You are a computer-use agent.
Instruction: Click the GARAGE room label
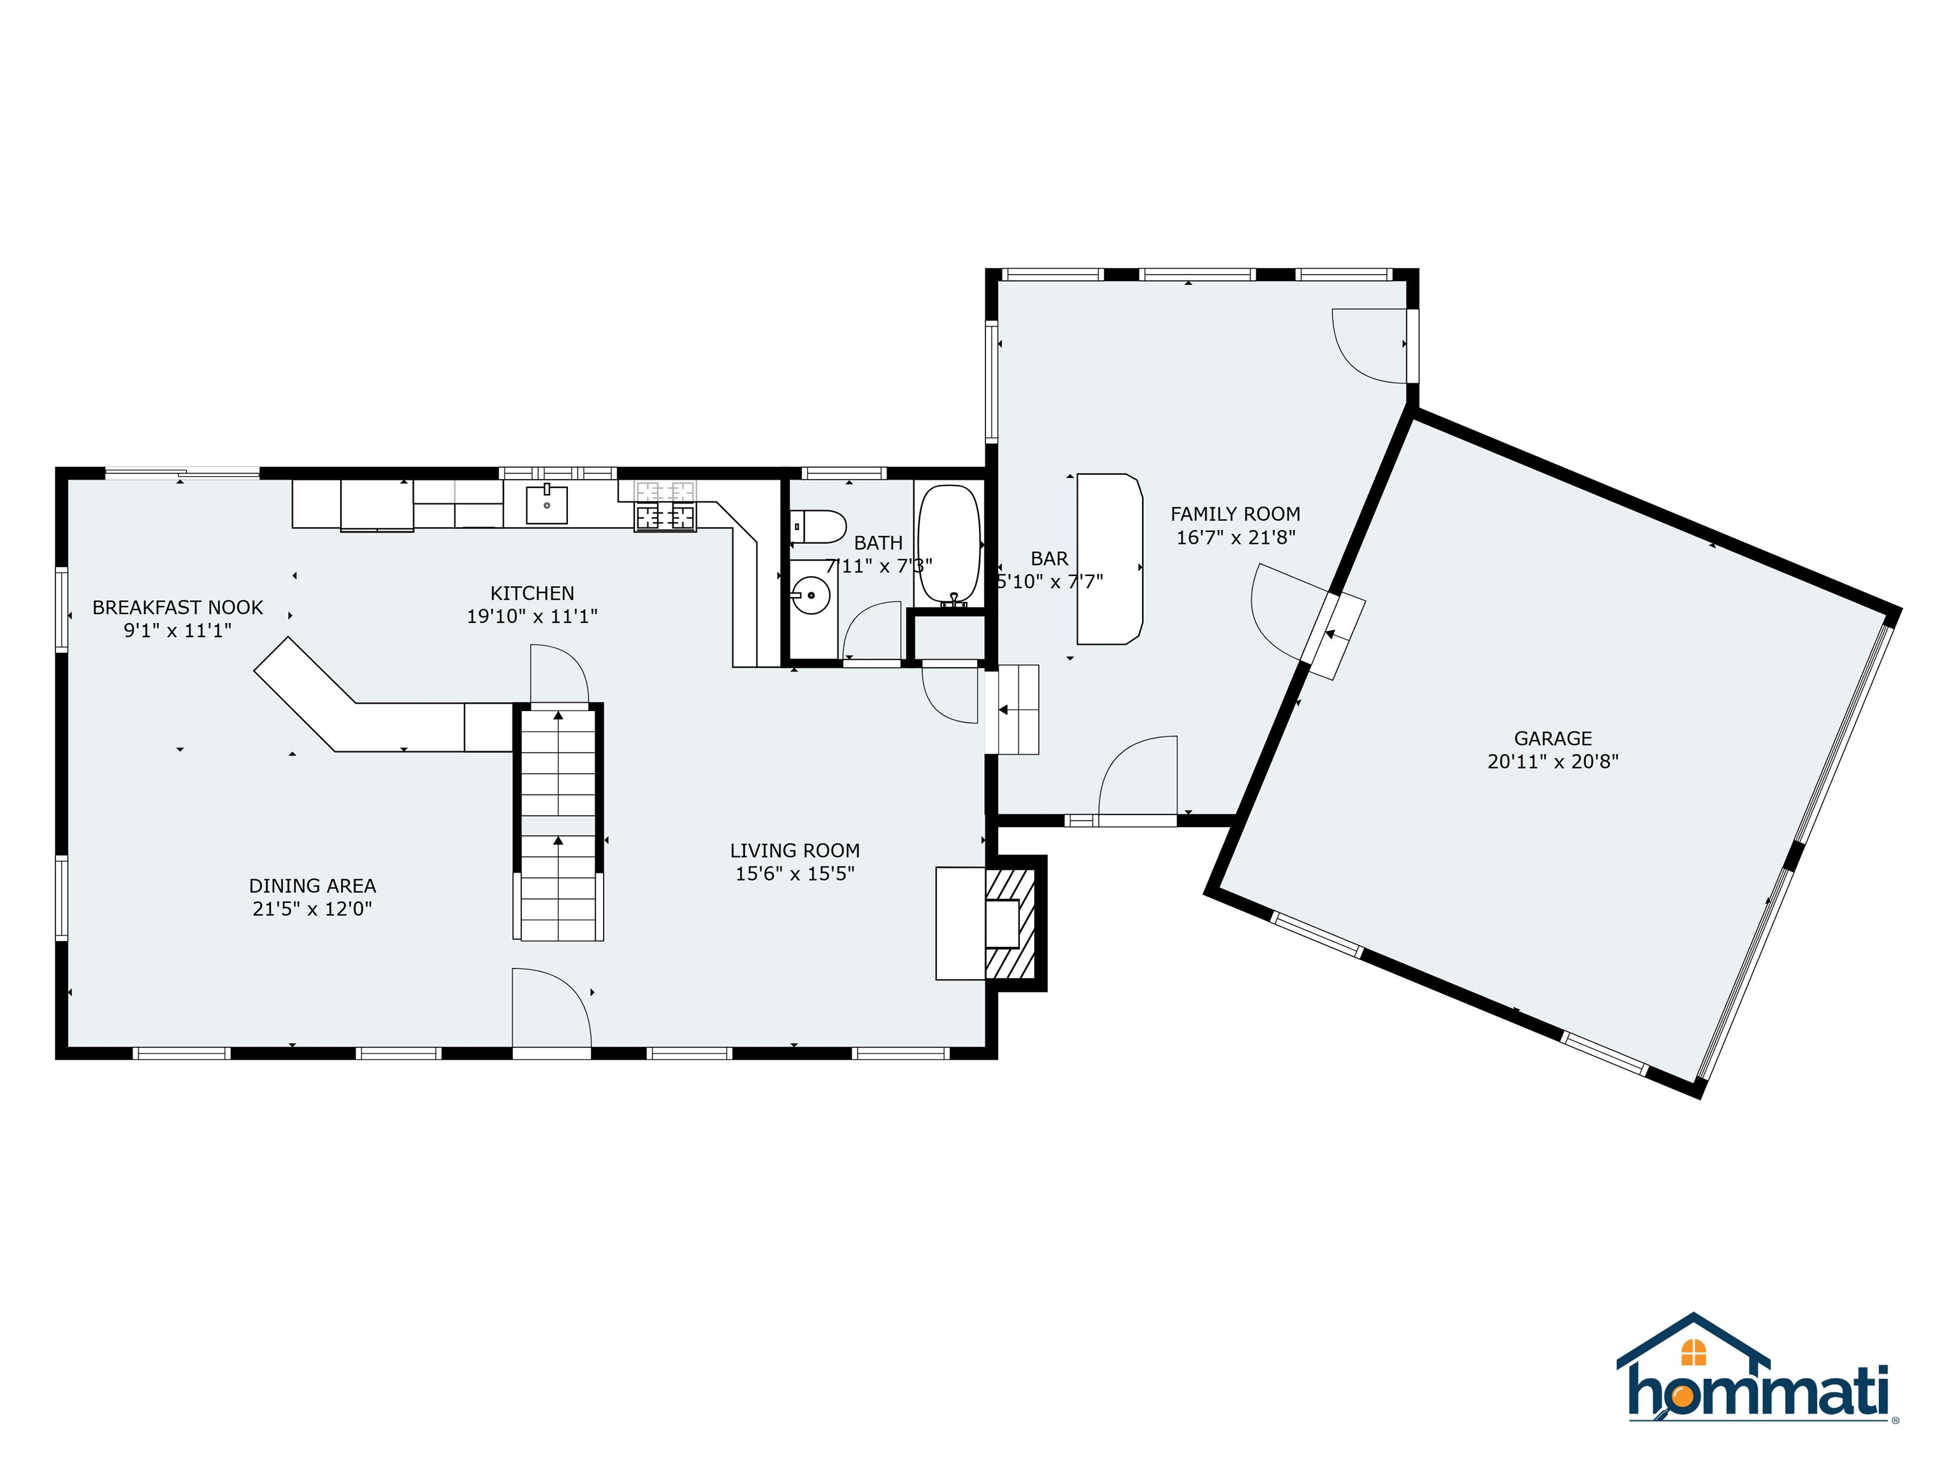(1553, 738)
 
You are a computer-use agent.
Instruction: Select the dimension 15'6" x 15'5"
(794, 874)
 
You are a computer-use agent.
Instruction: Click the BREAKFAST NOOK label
(177, 607)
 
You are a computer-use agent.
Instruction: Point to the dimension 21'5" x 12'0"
(312, 909)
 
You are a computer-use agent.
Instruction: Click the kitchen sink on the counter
(546, 505)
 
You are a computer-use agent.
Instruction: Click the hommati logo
(1758, 1381)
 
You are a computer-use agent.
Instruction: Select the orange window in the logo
(1693, 1352)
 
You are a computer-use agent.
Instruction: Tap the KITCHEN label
(532, 593)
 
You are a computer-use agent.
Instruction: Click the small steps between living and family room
(1015, 710)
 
